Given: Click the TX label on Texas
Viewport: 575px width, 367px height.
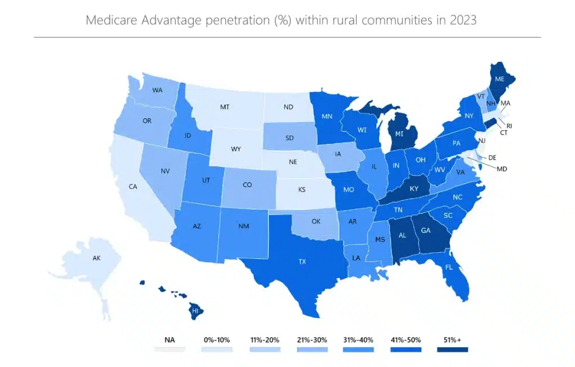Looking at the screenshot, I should pos(303,261).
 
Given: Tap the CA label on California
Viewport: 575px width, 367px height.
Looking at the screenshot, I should pos(134,186).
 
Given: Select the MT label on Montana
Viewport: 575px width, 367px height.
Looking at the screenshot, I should pos(225,107).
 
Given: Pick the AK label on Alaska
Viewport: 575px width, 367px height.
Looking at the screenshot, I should pos(97,259).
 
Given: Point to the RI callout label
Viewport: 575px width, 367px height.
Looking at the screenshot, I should pos(509,125).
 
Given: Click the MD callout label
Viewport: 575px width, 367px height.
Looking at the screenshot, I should pos(501,169).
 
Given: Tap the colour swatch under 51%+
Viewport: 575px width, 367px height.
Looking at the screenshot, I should pos(452,350).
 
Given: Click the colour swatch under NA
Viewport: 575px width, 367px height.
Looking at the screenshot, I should pos(169,350).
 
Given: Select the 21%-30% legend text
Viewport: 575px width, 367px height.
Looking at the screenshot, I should pos(311,340).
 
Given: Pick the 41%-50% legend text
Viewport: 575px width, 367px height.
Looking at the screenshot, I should pos(405,340).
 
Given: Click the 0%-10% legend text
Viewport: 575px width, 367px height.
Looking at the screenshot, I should pos(216,340).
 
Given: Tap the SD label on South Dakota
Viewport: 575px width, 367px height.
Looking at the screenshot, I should pos(290,138).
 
